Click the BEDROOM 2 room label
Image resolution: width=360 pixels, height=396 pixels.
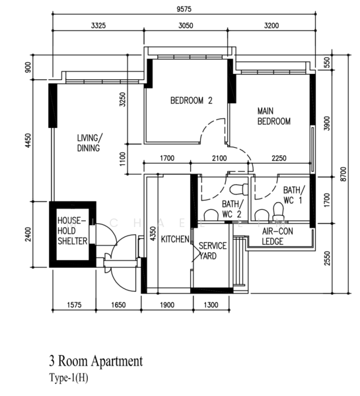pyautogui.click(x=191, y=101)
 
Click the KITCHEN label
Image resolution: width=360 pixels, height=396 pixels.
pyautogui.click(x=176, y=239)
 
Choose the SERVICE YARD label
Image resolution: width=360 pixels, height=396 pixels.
pyautogui.click(x=213, y=250)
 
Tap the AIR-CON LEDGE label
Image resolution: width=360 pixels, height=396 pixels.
pyautogui.click(x=278, y=237)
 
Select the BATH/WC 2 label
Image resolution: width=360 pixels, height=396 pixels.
pyautogui.click(x=233, y=209)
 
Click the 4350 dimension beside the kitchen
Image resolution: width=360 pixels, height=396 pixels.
pyautogui.click(x=153, y=236)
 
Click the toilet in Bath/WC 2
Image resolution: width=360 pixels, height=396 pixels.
pyautogui.click(x=212, y=215)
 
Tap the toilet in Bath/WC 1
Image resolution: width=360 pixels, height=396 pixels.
pyautogui.click(x=277, y=212)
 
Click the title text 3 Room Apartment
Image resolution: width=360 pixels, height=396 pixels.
pyautogui.click(x=95, y=362)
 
